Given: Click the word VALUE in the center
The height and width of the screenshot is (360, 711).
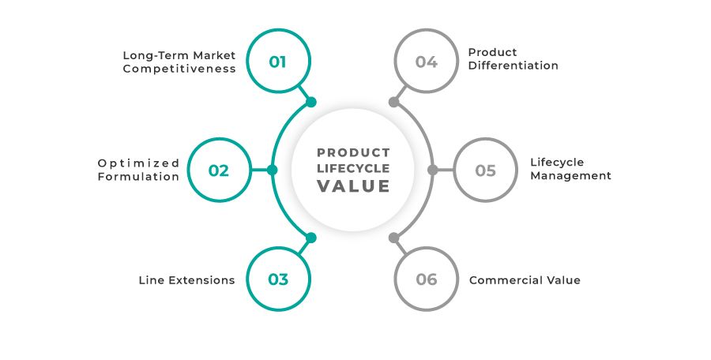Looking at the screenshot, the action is pos(353,186).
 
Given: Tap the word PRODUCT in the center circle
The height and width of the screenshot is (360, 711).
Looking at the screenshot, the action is pos(353,152).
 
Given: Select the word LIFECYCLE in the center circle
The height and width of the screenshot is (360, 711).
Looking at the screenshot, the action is pos(353,168).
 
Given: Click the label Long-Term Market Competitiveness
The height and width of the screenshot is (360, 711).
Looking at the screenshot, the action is pos(179,62).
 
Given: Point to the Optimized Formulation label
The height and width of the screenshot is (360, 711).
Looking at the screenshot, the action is pos(138,170).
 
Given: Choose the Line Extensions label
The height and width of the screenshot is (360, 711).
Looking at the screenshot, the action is pos(186,280).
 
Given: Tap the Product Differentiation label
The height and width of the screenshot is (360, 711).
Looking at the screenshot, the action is pos(513,59).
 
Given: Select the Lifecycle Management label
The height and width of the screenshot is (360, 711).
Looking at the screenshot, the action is pos(571,169).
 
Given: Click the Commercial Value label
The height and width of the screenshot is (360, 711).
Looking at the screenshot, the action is pos(525,280).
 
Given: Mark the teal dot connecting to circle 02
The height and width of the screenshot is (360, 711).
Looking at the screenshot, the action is pos(272,170).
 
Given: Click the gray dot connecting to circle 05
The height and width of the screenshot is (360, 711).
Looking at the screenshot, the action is pos(433,170).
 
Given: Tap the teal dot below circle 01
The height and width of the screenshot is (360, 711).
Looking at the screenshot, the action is pos(311,102).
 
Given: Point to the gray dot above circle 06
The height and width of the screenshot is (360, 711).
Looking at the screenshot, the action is pos(394,238).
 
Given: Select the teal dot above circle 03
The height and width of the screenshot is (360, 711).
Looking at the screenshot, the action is pos(311,238).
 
